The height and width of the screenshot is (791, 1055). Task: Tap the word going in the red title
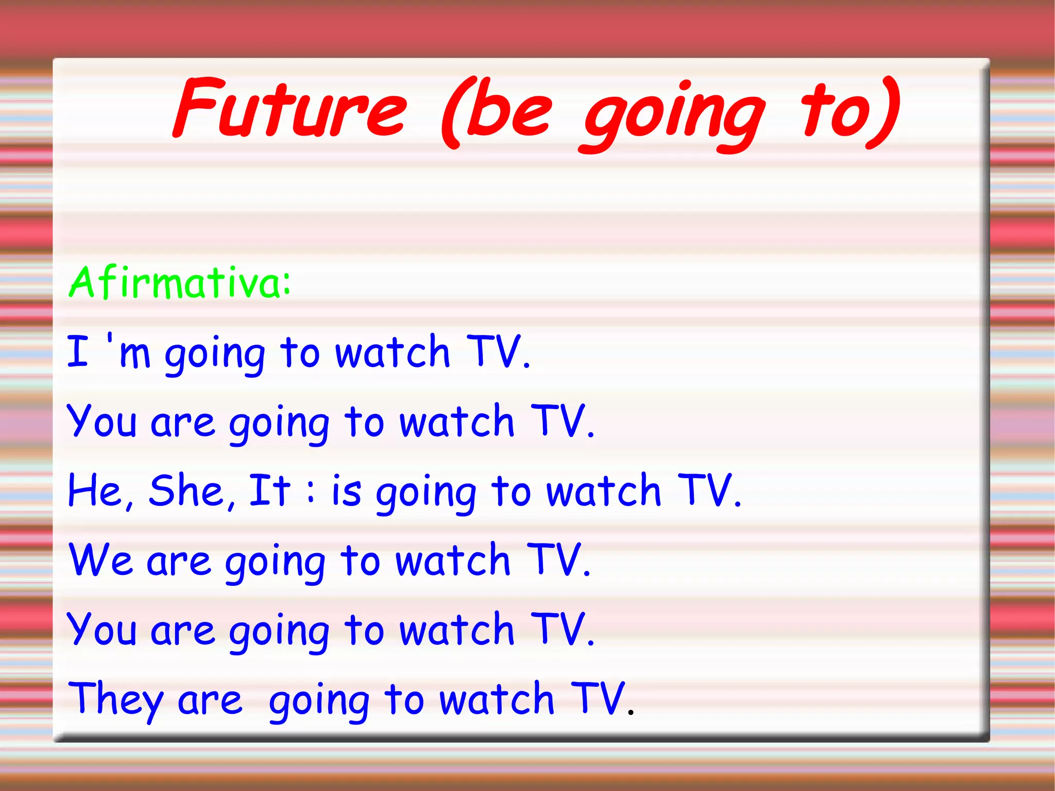(x=674, y=116)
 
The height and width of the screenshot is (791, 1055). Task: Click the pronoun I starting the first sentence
(x=78, y=351)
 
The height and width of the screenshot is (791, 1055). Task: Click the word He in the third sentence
(x=95, y=491)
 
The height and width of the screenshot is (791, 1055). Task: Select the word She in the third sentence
(x=186, y=491)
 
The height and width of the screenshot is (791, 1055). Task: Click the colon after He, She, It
(x=310, y=493)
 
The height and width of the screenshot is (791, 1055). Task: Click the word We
(x=101, y=560)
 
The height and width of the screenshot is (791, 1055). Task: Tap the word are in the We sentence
(x=178, y=562)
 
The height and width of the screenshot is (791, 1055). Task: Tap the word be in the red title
(x=510, y=111)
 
